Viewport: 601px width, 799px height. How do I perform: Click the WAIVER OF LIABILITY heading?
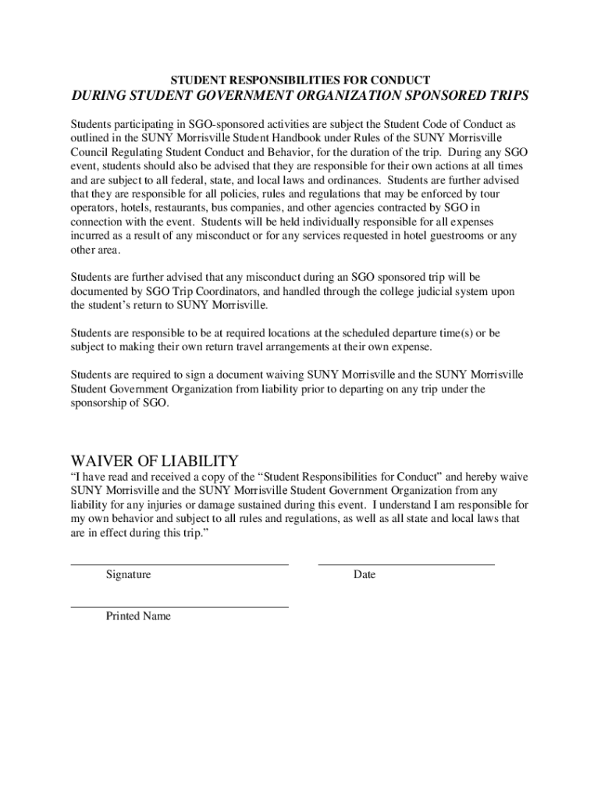155,460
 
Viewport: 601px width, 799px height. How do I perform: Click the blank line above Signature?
180,563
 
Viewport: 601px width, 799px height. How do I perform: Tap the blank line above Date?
406,563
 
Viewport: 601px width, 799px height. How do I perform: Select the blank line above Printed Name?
180,606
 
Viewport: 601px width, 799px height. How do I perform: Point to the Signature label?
129,575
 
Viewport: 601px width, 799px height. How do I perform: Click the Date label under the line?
364,575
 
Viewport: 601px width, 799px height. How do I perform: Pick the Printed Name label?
138,616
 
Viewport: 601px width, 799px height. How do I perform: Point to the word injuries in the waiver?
151,505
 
